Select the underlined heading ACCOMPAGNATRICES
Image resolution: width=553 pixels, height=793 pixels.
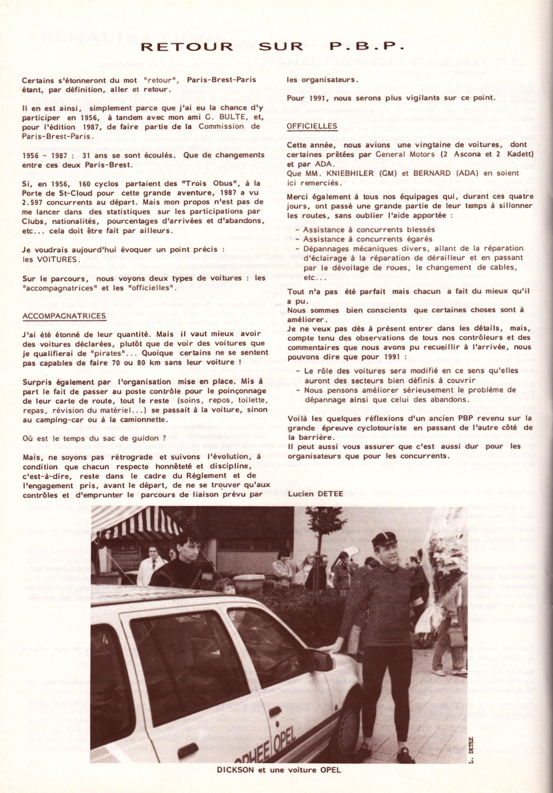click(x=64, y=316)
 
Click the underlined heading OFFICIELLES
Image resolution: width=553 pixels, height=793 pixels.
click(x=312, y=126)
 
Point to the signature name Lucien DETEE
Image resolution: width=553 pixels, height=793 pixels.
click(x=315, y=493)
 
